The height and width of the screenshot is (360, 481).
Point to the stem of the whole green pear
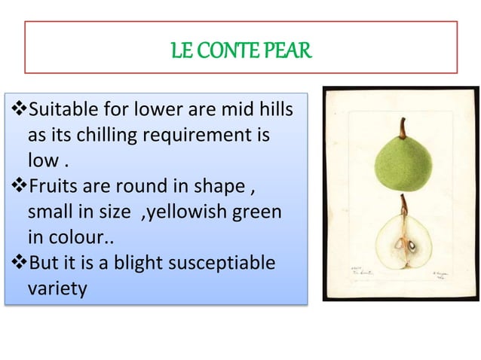tap(403, 127)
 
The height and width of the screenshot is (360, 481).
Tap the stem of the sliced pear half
tap(404, 204)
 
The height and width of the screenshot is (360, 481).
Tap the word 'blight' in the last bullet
tap(139, 262)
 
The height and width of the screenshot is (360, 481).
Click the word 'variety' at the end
tap(57, 288)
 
